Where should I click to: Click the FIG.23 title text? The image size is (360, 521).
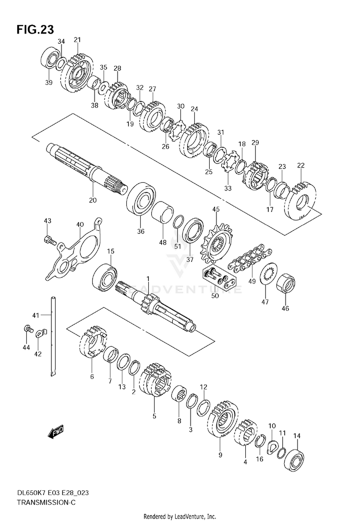click(x=35, y=30)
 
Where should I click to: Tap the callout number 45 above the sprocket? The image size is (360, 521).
click(x=216, y=209)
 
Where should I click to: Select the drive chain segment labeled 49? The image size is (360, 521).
click(x=250, y=259)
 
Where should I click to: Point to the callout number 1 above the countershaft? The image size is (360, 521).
click(x=148, y=279)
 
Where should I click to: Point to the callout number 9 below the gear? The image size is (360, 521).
click(x=220, y=455)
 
